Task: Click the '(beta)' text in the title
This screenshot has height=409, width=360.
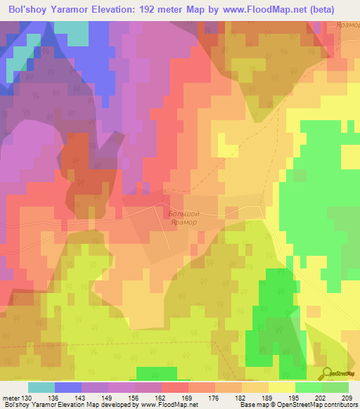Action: tap(320, 9)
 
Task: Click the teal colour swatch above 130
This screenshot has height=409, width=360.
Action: tap(41, 387)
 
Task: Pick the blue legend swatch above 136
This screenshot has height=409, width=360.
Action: tap(68, 387)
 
